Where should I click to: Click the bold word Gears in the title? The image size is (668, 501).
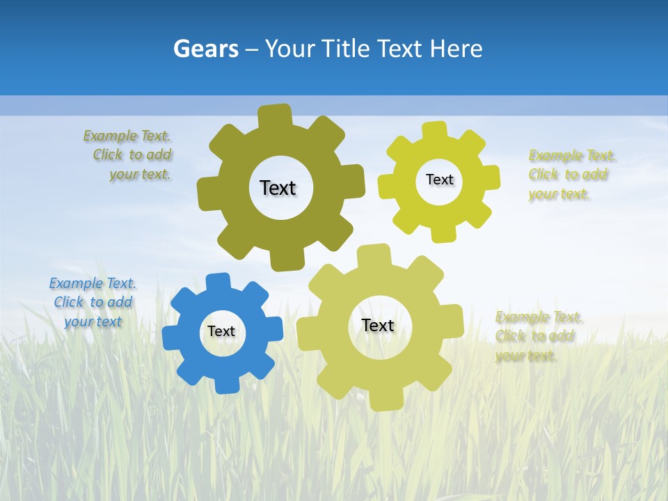click(x=205, y=49)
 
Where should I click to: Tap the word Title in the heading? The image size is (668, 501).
click(x=347, y=49)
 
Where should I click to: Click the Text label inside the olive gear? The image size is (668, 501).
click(x=278, y=188)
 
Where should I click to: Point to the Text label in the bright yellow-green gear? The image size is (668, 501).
click(x=439, y=180)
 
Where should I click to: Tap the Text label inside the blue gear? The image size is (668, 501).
click(x=221, y=331)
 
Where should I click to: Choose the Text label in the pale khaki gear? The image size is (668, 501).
click(x=377, y=325)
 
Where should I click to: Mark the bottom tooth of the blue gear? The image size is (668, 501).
click(x=227, y=385)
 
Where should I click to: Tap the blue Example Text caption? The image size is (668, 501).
click(x=93, y=302)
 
